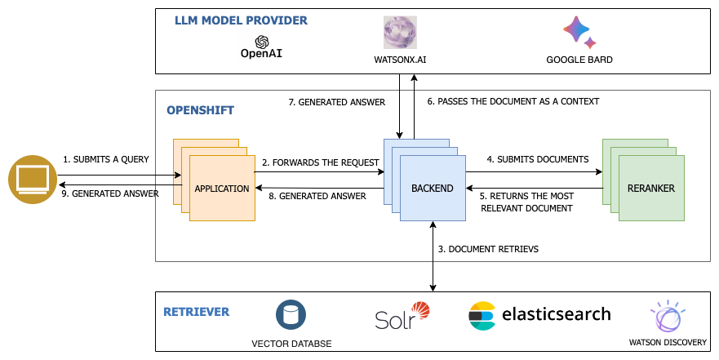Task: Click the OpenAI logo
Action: [x=261, y=47]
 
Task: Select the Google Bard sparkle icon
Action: [x=579, y=33]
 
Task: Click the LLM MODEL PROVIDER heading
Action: [x=241, y=20]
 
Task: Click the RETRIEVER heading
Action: [x=196, y=312]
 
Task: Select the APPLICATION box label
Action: [x=221, y=189]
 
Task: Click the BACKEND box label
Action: [x=432, y=189]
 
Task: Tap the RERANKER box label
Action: [x=650, y=189]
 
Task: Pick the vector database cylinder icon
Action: [x=291, y=315]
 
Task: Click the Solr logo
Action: [x=402, y=316]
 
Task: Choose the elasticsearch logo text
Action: [x=555, y=314]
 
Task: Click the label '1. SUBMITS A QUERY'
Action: [x=106, y=159]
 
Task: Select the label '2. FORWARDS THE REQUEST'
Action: [x=321, y=162]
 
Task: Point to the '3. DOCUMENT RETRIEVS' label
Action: [x=487, y=248]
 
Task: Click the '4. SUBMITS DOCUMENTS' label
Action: [x=537, y=159]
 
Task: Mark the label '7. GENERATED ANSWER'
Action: [x=337, y=103]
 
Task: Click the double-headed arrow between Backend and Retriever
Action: [x=433, y=256]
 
